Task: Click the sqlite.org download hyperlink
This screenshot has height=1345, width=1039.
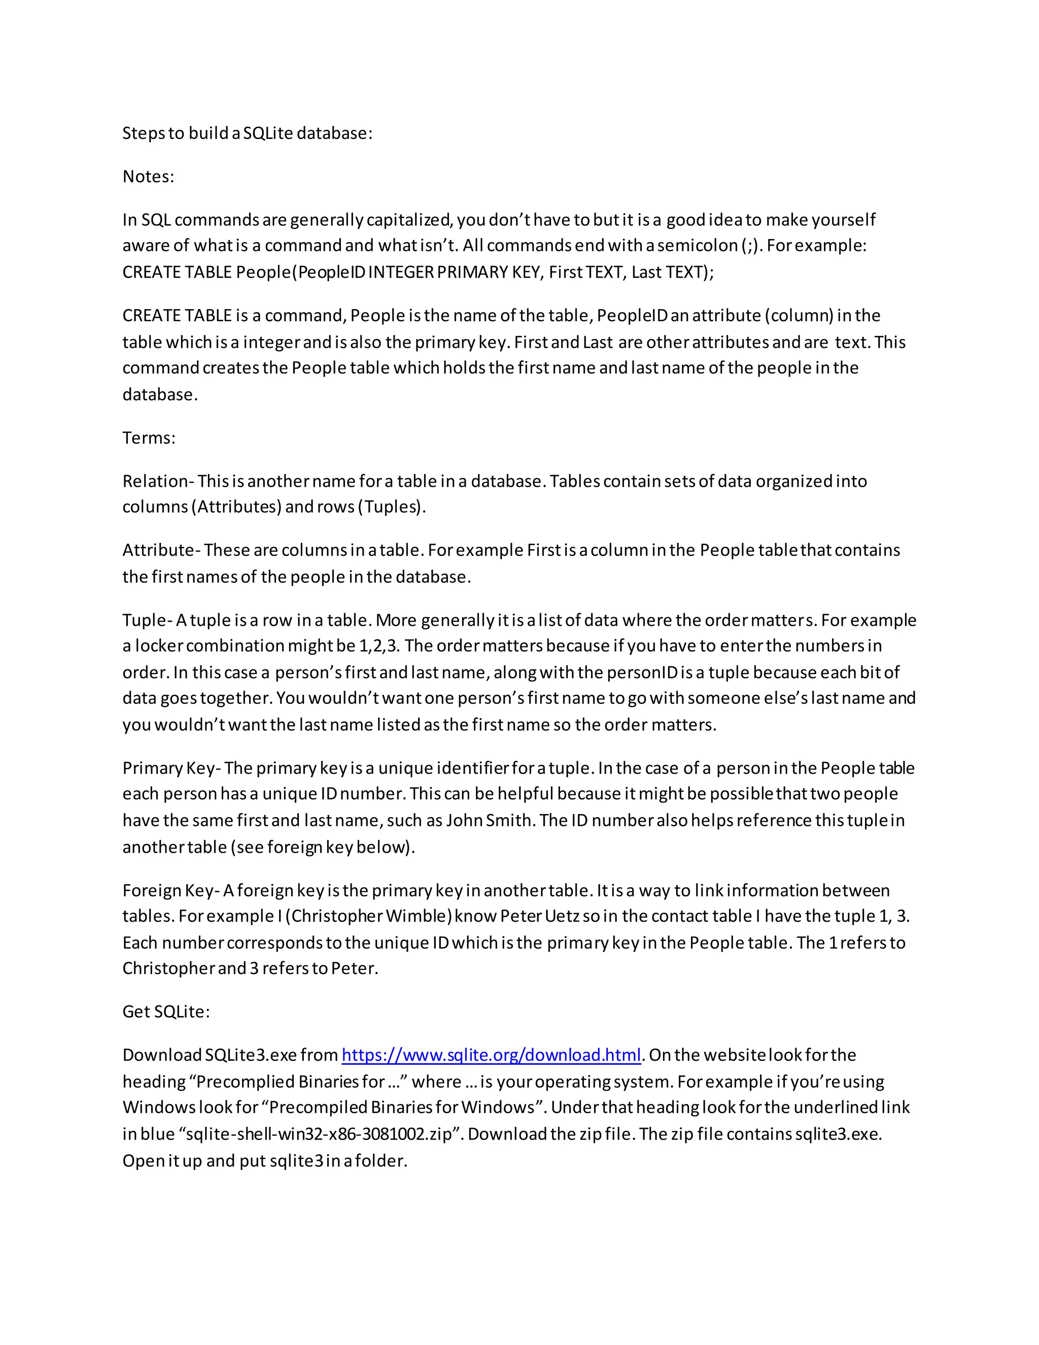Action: click(491, 1055)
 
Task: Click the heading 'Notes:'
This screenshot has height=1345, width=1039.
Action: click(148, 177)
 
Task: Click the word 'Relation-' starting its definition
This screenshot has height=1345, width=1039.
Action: click(158, 481)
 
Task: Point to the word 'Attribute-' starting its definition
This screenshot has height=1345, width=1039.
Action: click(161, 550)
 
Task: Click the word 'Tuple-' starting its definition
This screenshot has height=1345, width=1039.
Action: click(148, 620)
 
